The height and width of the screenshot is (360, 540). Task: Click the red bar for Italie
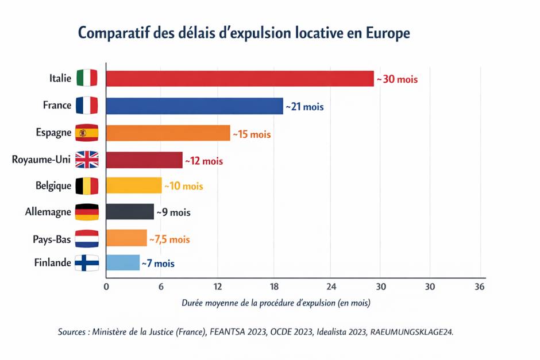pos(240,79)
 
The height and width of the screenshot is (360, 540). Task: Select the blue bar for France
pos(194,106)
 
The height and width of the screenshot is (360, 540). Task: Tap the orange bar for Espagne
pos(168,133)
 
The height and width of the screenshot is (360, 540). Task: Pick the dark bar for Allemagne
pos(130,212)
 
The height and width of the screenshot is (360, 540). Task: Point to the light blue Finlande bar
pos(123,263)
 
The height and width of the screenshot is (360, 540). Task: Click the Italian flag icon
pos(87,78)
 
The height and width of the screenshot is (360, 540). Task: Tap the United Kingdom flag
pos(87,160)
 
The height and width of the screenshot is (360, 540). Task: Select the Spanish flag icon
pos(87,133)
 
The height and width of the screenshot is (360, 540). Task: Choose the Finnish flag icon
pos(87,263)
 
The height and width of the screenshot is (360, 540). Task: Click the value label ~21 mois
pos(305,107)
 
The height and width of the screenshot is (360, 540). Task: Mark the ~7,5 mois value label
pos(169,239)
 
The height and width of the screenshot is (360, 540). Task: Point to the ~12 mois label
pos(203,161)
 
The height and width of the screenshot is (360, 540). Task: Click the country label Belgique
pos(53,186)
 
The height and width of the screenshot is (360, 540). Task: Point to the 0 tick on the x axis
pos(106,287)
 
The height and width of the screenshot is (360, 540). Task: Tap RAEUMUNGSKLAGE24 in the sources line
pos(411,332)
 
